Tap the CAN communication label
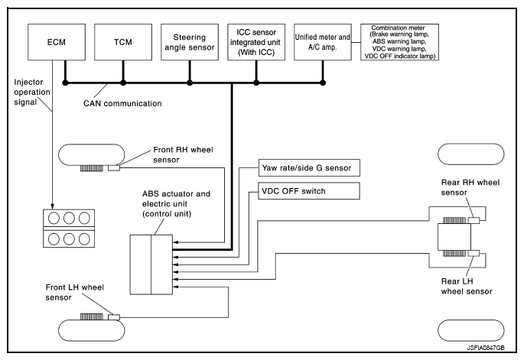122,102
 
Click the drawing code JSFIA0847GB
484,347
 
